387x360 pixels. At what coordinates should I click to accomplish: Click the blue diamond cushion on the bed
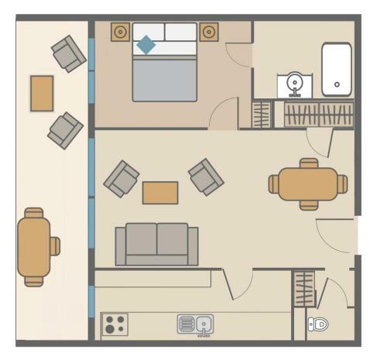(146, 46)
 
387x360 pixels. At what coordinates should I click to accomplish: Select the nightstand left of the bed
(120, 32)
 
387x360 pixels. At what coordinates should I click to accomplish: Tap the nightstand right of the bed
(208, 32)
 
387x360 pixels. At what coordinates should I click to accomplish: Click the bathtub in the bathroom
(337, 69)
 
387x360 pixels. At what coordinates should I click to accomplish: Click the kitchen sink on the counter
(195, 323)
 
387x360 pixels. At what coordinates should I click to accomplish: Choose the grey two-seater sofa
(156, 244)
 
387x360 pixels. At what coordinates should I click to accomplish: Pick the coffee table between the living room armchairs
(160, 192)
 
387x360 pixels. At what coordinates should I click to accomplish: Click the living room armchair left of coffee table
(122, 178)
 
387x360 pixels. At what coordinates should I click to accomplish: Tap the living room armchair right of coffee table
(206, 177)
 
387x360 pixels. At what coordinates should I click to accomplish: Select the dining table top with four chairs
(308, 184)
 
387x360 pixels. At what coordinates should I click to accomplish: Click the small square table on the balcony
(42, 93)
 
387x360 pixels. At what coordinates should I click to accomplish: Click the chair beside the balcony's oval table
(55, 246)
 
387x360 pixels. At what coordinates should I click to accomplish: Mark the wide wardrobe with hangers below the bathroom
(317, 115)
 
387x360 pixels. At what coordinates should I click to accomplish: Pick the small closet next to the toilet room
(303, 288)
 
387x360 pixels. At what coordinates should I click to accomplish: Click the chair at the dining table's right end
(342, 184)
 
